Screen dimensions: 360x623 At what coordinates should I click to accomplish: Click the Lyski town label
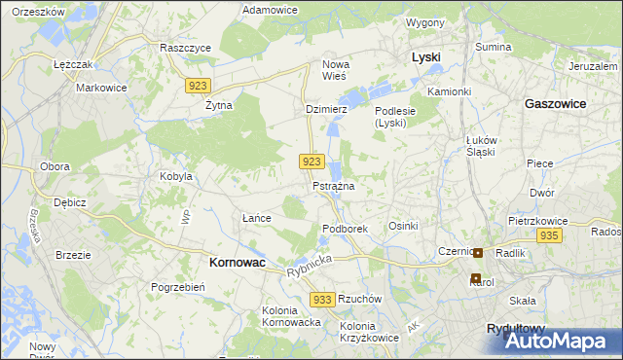425,57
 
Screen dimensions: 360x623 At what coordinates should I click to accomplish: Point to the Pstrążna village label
333,185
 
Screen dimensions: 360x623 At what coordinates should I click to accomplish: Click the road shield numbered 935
549,235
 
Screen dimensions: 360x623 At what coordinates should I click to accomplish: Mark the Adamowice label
270,9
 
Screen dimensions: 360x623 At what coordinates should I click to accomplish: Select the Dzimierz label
326,110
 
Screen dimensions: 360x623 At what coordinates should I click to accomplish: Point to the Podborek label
345,229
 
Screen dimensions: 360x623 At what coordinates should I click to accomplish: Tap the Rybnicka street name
310,264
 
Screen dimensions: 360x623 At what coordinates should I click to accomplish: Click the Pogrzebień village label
177,287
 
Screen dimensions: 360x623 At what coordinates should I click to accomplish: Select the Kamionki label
449,91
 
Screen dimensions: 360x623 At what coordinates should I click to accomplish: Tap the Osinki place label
403,226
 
